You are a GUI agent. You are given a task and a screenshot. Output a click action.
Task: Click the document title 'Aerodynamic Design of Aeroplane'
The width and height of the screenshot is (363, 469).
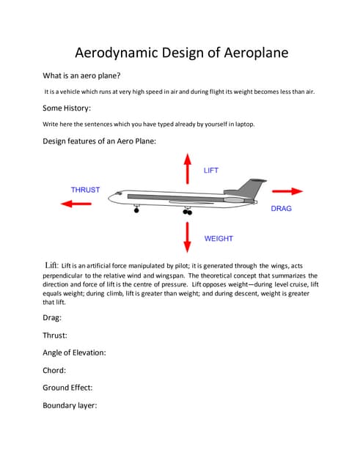point(181,53)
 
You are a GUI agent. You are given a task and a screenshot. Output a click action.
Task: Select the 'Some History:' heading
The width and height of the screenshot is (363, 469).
point(67,108)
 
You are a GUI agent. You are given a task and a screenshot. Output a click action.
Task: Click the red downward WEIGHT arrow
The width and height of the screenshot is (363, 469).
point(187,236)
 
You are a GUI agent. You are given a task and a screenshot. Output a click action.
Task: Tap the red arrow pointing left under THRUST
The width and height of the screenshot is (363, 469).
point(76,204)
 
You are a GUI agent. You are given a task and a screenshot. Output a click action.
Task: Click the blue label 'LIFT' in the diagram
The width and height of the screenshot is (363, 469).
point(211,171)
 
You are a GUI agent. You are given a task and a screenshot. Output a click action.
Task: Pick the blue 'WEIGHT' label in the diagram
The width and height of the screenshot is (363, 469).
point(219,239)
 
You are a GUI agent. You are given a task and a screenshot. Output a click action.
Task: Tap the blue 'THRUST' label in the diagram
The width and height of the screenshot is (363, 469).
point(85,190)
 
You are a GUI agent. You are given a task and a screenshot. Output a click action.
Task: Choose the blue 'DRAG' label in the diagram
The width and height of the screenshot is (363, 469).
point(282,209)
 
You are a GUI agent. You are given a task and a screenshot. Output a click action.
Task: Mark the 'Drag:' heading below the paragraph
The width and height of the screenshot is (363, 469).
point(52,318)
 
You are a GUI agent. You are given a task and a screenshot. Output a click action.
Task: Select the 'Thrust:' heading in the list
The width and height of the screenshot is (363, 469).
point(55,335)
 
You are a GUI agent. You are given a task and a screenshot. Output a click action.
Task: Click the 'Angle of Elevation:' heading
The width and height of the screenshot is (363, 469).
point(74,352)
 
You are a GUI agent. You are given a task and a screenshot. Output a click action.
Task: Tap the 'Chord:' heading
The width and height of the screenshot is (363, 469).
point(54,370)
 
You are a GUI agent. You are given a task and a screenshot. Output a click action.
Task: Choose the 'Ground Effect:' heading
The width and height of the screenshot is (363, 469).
point(67,388)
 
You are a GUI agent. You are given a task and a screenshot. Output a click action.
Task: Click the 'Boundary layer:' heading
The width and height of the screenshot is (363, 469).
point(70,405)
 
